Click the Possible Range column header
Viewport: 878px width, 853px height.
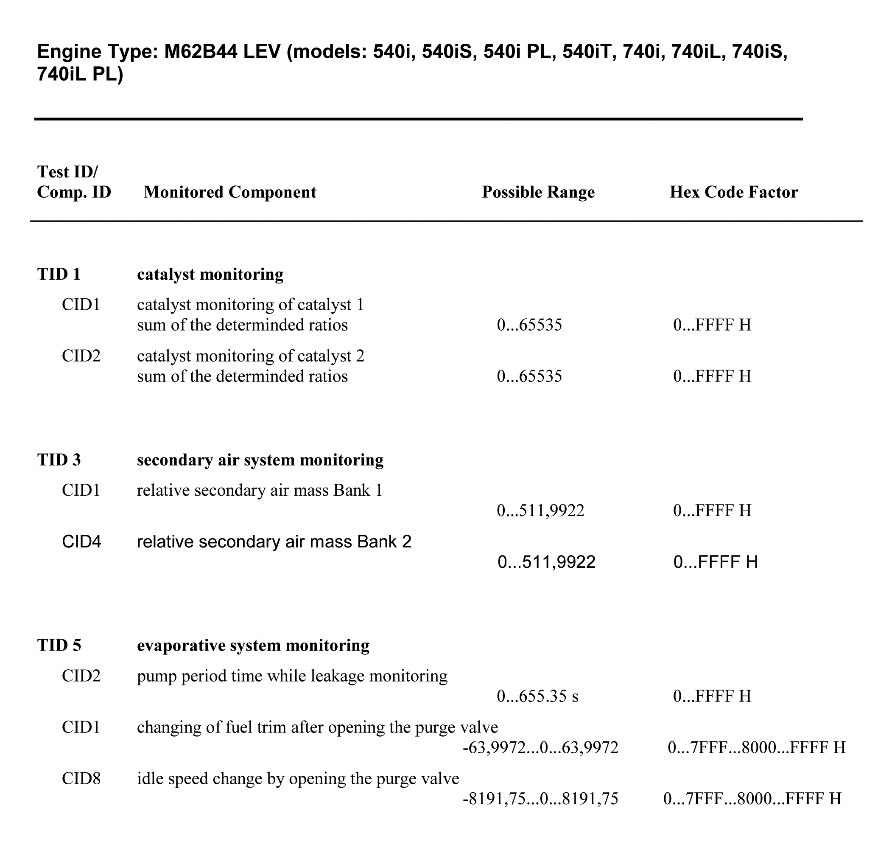[x=538, y=192]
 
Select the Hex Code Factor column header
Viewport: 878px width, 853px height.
[x=733, y=192]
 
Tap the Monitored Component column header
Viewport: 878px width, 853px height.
[x=230, y=192]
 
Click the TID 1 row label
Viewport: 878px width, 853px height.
[x=59, y=274]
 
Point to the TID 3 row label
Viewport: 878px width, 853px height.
[x=59, y=460]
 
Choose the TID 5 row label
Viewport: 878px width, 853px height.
[x=59, y=645]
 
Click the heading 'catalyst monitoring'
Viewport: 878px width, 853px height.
[x=210, y=274]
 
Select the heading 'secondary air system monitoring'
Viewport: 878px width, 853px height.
[x=260, y=460]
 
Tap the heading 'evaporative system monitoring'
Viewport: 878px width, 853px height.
[x=253, y=645]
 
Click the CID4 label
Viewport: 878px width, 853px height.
[x=81, y=542]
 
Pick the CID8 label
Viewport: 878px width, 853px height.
[x=81, y=779]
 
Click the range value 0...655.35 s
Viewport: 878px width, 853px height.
[x=537, y=696]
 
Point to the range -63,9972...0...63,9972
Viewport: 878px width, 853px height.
[x=540, y=748]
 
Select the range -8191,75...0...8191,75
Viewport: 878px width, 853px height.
[x=540, y=799]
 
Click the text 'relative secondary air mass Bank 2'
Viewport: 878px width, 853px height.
[x=274, y=542]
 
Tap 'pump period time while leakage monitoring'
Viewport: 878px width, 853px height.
[x=292, y=676]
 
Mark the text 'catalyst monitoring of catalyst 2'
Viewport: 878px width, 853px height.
[x=250, y=356]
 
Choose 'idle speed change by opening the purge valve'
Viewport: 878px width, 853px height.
[x=298, y=779]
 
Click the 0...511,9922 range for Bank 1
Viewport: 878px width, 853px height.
[x=540, y=511]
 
